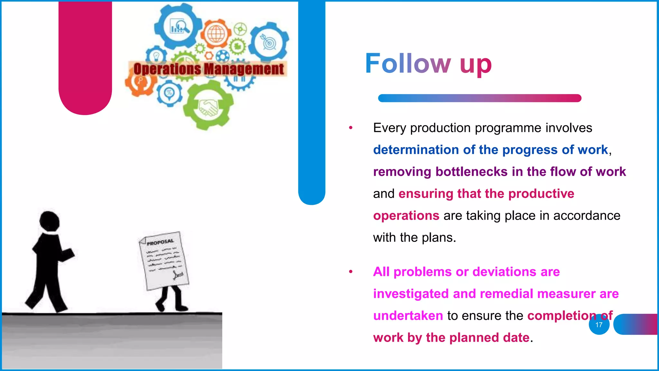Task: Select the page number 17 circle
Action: tap(599, 325)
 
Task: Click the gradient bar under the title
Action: tap(479, 98)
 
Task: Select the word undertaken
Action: tap(408, 316)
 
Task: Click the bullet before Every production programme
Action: tap(351, 128)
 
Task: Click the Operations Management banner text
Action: tap(209, 69)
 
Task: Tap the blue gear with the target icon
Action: tap(269, 43)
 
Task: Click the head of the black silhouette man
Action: tap(49, 221)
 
